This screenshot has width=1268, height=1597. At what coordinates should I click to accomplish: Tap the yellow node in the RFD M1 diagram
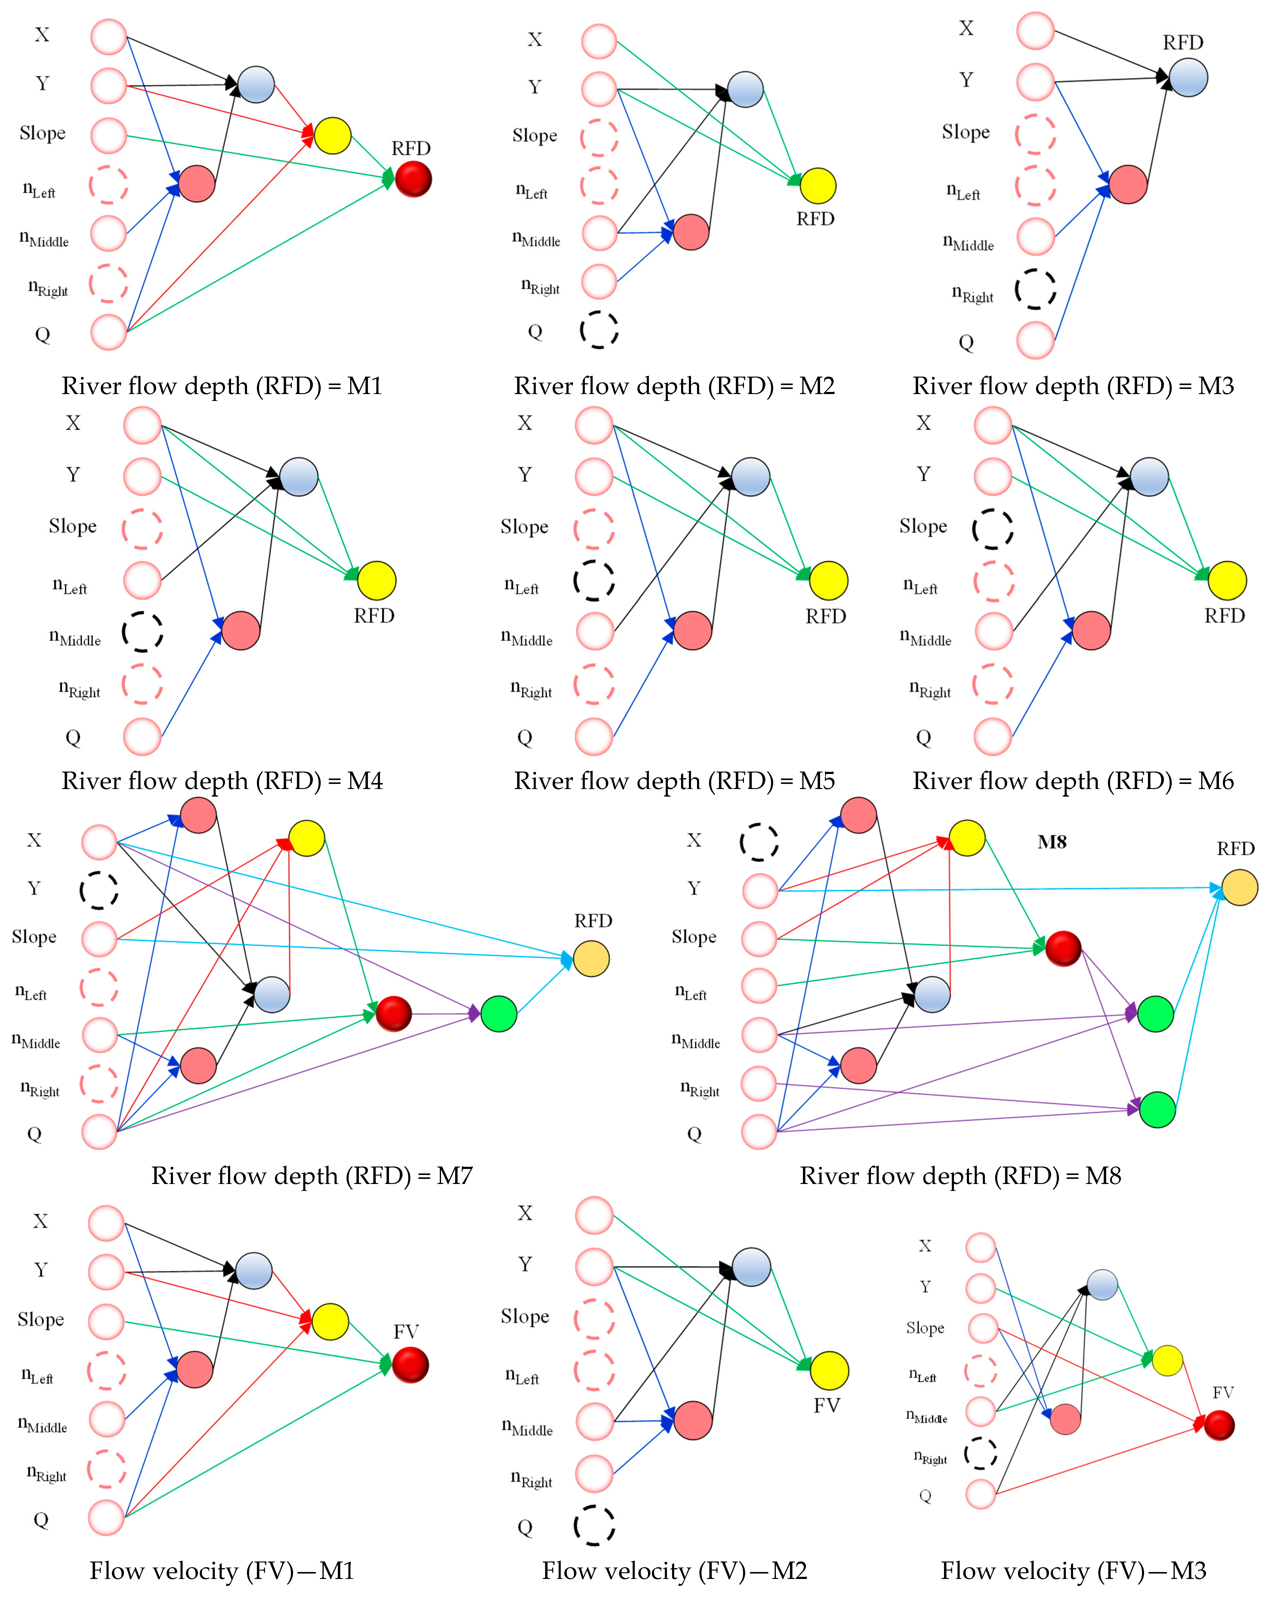[332, 136]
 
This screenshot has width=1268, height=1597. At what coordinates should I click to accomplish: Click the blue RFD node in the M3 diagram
[1188, 78]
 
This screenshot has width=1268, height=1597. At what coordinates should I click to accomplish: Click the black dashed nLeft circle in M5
[594, 580]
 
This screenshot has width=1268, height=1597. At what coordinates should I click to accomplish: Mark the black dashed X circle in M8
[759, 842]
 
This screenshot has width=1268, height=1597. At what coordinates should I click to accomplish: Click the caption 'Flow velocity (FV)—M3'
[1073, 1570]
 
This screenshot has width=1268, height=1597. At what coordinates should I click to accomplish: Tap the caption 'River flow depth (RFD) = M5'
[674, 781]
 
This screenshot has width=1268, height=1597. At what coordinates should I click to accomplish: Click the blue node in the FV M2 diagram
[751, 1267]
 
